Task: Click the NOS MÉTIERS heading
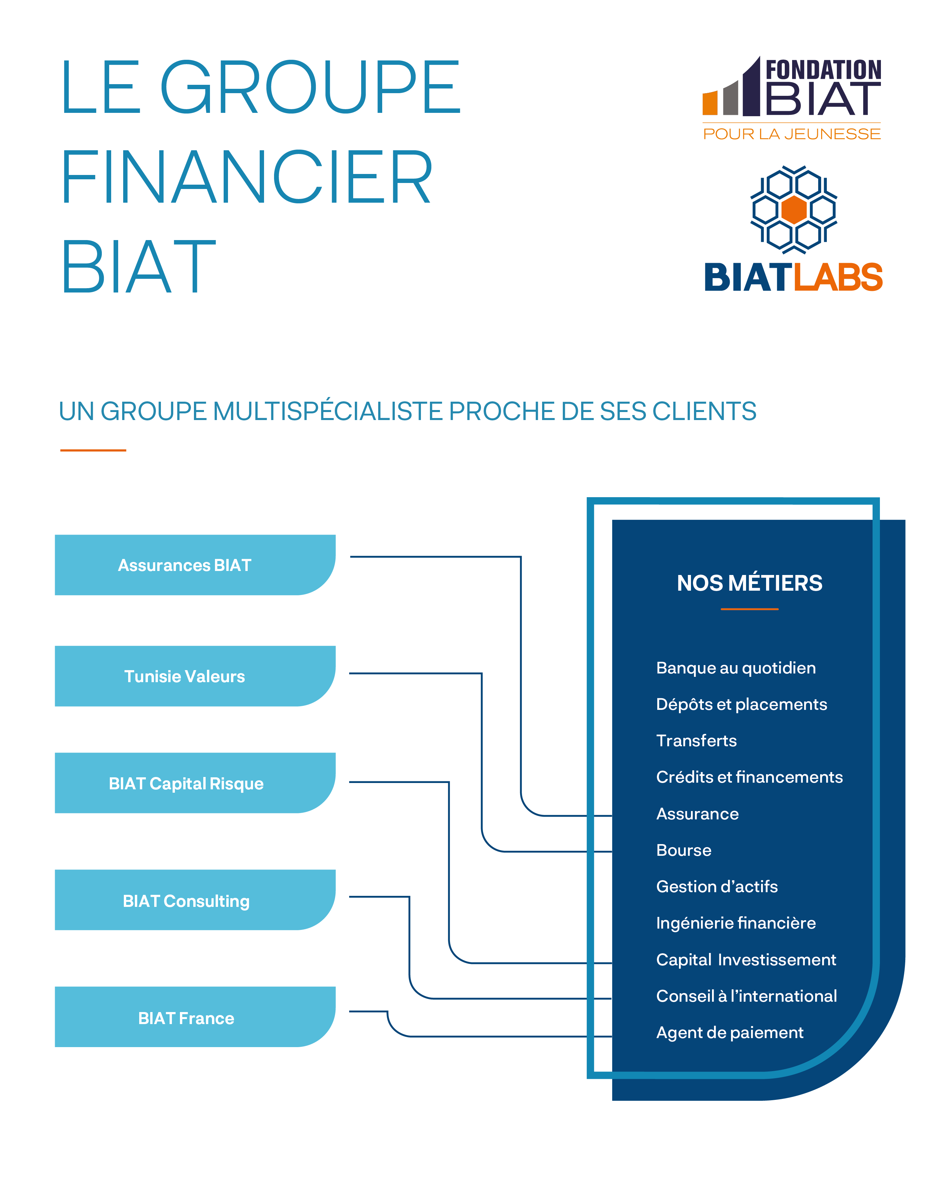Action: click(749, 583)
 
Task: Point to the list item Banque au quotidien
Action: click(735, 668)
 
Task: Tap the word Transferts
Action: click(696, 741)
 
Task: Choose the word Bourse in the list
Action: click(684, 850)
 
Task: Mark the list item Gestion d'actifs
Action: click(716, 886)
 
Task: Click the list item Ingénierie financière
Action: click(735, 923)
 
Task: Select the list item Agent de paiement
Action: click(729, 1032)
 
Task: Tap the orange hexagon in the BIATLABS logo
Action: click(793, 210)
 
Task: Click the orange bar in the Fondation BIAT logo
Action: click(710, 103)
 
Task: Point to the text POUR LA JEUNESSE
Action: click(791, 134)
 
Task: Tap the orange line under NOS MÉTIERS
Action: click(749, 609)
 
